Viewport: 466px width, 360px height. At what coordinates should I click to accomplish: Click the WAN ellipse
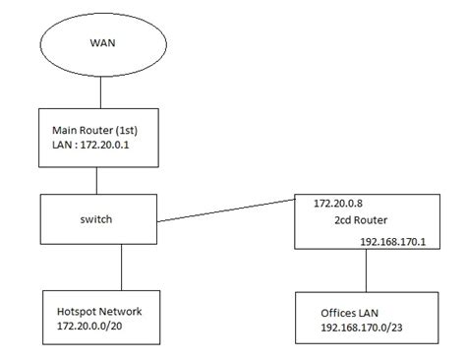coord(101,44)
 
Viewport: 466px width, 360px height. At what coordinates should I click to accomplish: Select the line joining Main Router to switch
coord(95,178)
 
